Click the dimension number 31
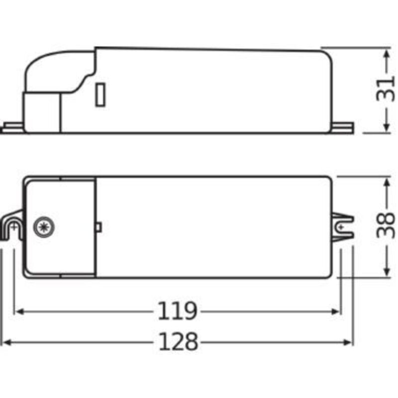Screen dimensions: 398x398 click(385, 90)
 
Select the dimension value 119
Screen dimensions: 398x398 click(177, 310)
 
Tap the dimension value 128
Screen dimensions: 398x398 click(178, 341)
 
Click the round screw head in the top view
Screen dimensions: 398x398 click(44, 227)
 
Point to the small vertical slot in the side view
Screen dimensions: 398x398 click(100, 95)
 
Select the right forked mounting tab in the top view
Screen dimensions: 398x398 click(343, 227)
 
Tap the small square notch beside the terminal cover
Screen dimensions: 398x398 click(99, 227)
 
